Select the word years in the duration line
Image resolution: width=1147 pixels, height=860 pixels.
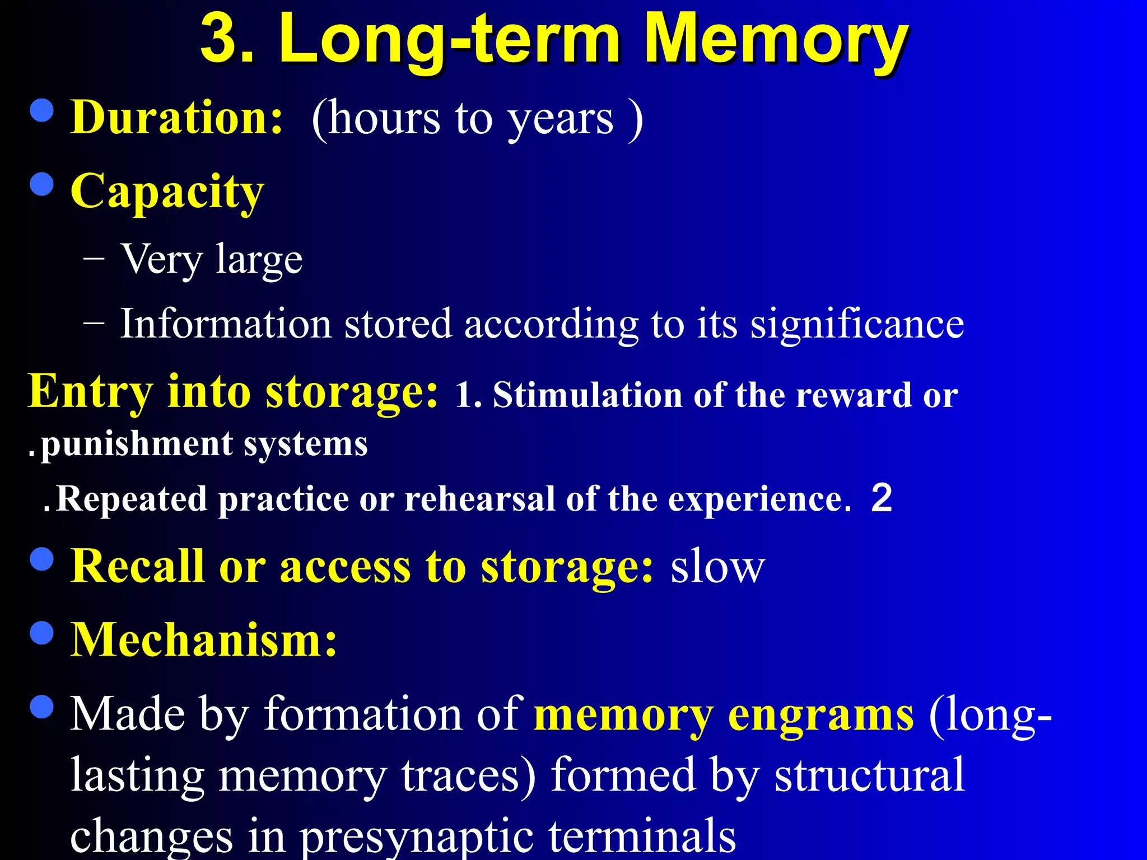tap(561, 120)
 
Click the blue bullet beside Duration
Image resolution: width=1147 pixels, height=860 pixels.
tap(42, 110)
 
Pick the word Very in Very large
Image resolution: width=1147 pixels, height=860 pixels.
tap(161, 260)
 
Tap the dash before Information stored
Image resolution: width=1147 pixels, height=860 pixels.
tap(93, 323)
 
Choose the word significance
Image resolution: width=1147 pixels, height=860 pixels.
tap(857, 324)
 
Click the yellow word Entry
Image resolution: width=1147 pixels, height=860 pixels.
tap(90, 392)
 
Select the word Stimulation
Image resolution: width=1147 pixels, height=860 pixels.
tap(588, 395)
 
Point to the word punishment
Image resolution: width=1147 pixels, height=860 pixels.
tap(137, 445)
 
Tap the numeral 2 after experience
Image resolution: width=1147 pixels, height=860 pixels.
tap(882, 497)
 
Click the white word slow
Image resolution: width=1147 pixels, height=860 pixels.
tap(717, 567)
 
